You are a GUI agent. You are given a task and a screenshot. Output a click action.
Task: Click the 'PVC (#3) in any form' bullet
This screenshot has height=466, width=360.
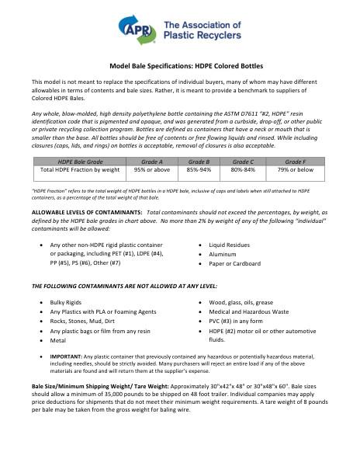pos(234,321)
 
